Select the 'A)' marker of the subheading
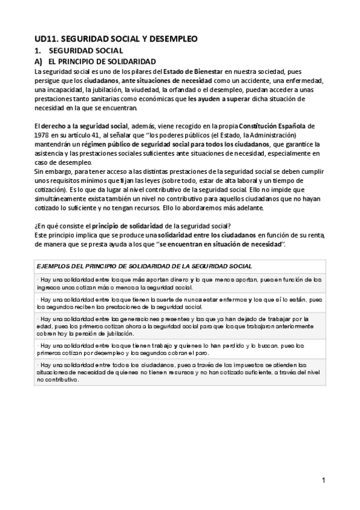(37, 62)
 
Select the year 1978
(42, 135)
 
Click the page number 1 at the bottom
(323, 480)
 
